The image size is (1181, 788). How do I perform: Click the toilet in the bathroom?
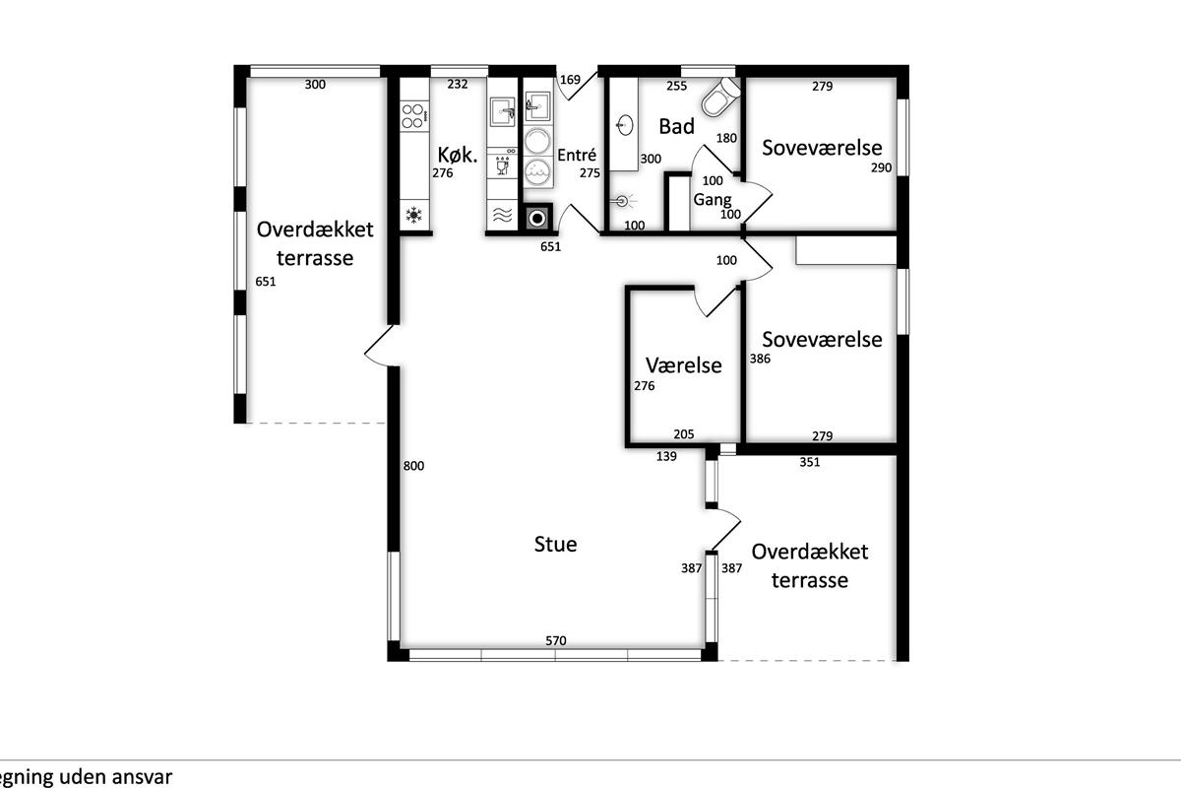720,98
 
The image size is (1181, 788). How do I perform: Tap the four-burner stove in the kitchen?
414,116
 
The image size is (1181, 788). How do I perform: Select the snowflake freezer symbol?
414,215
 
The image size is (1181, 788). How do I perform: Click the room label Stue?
555,544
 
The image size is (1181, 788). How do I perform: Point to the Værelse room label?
684,365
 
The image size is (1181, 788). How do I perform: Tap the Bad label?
676,127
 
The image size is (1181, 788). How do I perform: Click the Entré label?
577,155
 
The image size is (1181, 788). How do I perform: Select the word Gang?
713,200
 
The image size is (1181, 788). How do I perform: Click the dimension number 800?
413,466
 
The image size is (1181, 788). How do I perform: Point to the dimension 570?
556,641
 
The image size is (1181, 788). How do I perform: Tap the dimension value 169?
570,80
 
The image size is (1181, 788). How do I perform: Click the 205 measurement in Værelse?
684,434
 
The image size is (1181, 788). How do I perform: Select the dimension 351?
810,462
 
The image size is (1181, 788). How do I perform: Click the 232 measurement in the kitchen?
457,84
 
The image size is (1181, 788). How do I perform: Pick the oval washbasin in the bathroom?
624,126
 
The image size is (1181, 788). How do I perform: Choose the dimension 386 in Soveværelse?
760,359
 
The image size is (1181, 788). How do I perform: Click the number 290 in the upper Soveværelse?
881,167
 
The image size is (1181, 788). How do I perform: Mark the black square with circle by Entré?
537,218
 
